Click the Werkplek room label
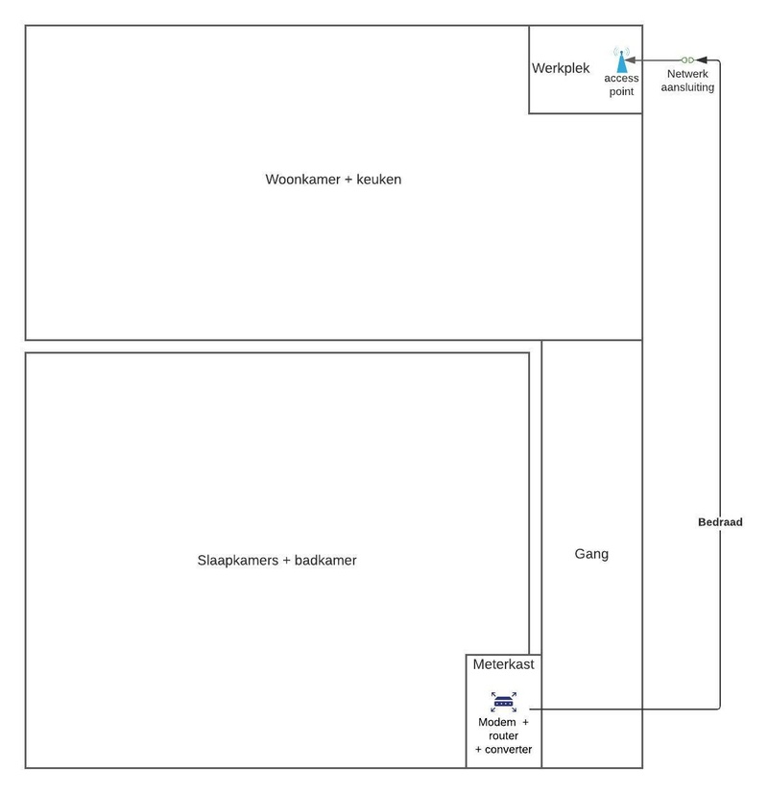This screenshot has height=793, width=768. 561,68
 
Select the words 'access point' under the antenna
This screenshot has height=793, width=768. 621,85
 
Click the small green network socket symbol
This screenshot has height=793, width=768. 687,60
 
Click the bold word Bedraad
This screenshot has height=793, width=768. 720,522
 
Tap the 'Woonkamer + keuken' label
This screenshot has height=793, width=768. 333,180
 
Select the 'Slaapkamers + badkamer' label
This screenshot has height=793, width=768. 276,561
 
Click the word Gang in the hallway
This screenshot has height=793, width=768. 591,554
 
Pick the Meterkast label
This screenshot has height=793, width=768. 503,664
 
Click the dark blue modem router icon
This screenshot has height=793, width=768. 504,702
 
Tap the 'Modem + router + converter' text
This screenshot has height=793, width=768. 503,735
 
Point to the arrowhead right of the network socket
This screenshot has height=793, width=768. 701,60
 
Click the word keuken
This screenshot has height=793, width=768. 378,180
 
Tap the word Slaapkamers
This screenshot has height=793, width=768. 237,561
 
